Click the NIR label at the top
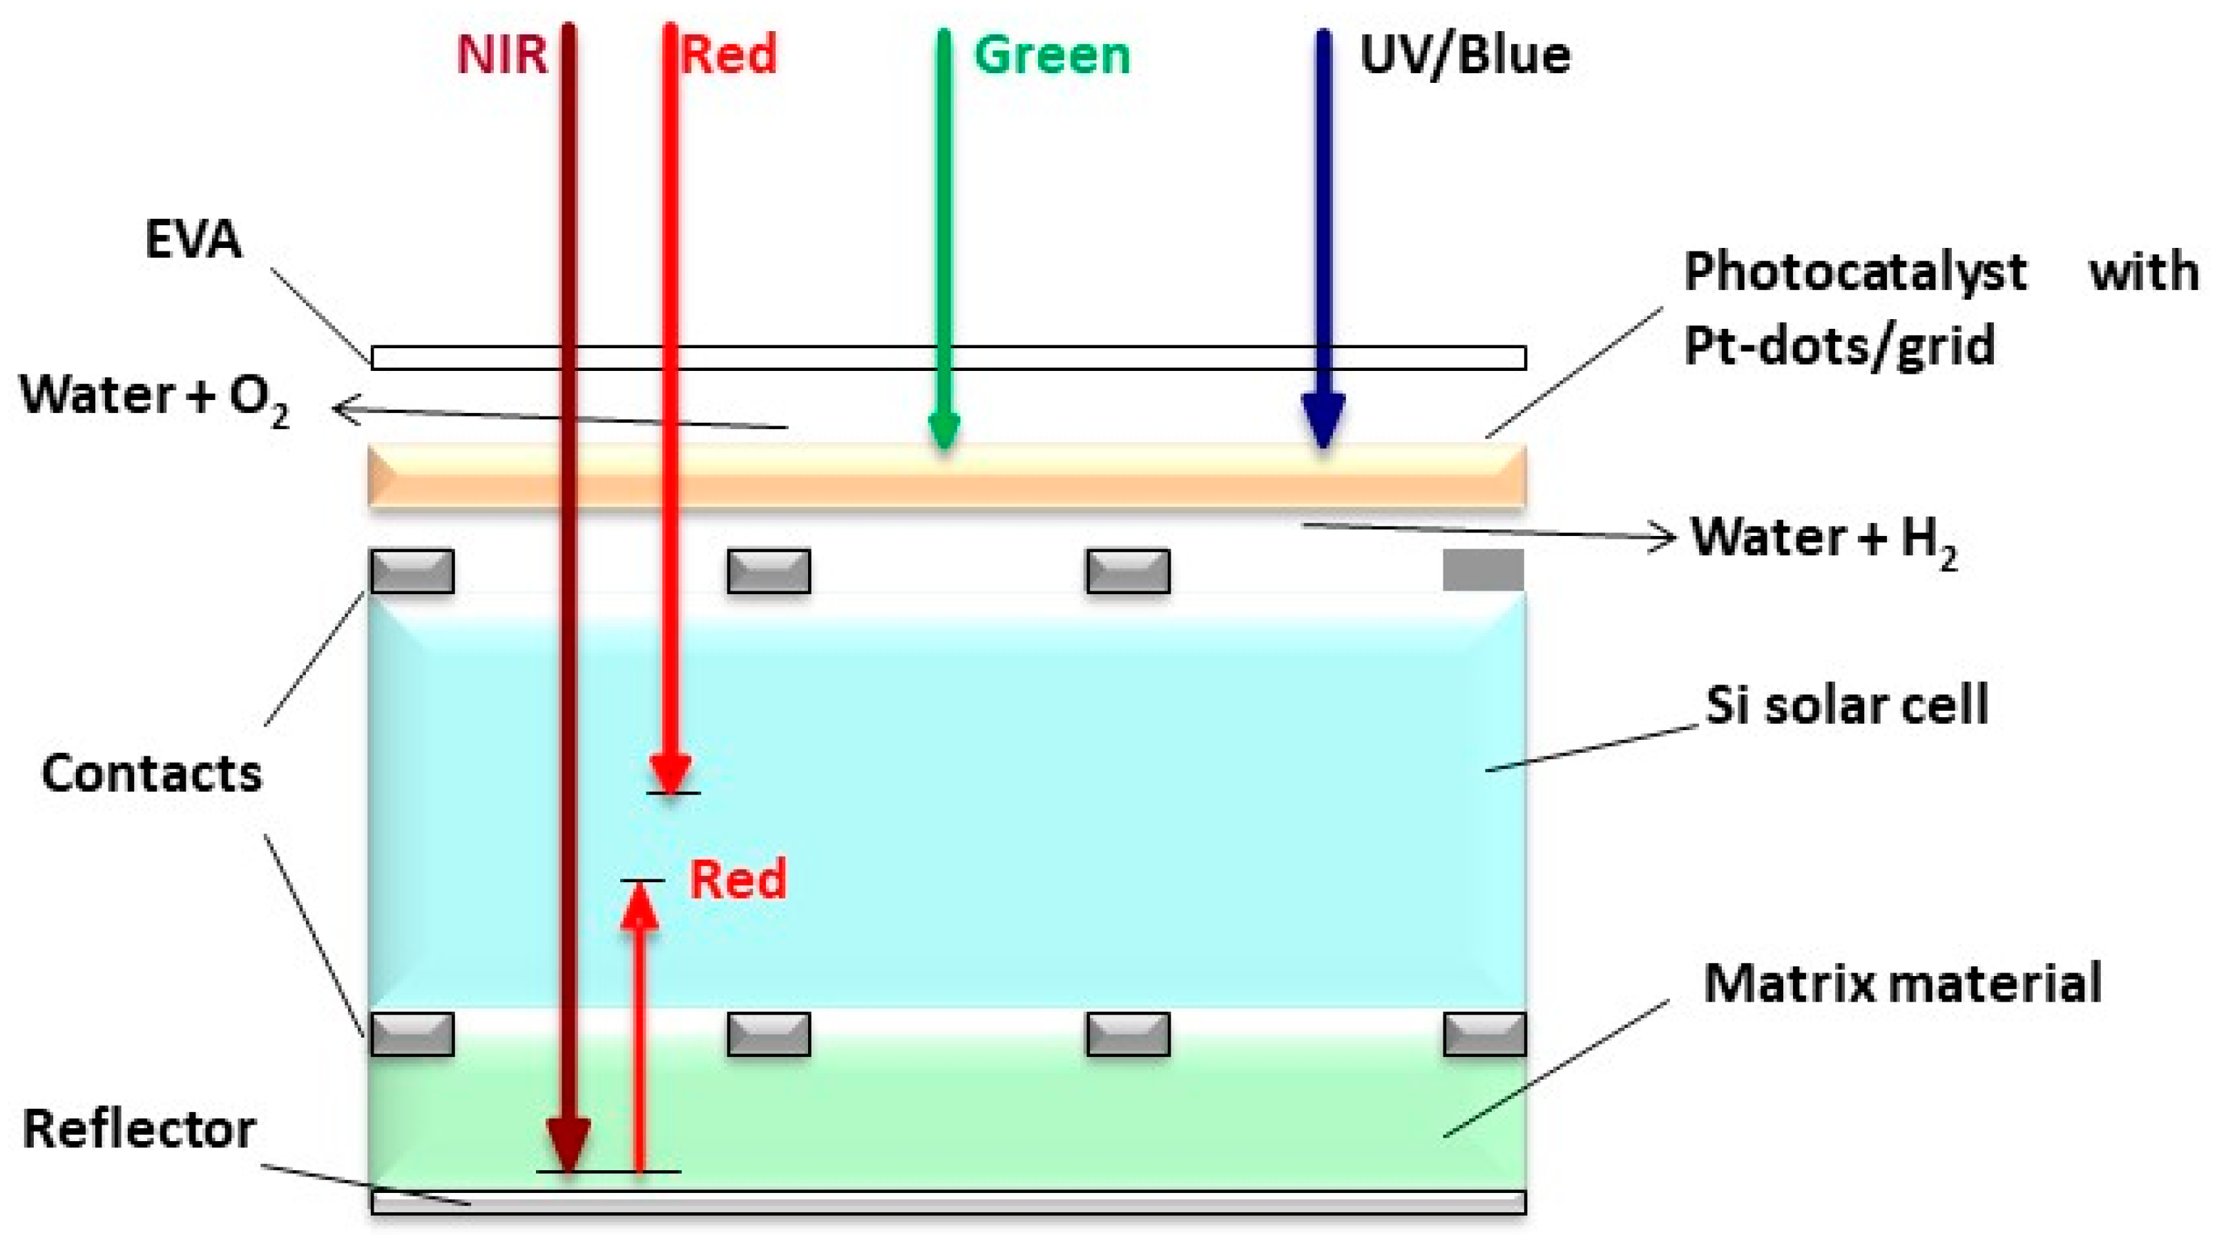[x=501, y=55]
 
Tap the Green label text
[x=1051, y=55]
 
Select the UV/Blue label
[x=1465, y=55]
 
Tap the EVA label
[x=193, y=238]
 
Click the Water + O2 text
[x=155, y=398]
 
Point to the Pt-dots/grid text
[x=1839, y=346]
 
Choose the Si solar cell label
[x=1847, y=706]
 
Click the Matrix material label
[x=1902, y=983]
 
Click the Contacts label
[x=151, y=773]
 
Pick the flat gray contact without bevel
[x=1483, y=570]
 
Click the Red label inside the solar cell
[x=738, y=879]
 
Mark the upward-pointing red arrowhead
[x=640, y=908]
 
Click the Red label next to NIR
[x=729, y=55]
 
